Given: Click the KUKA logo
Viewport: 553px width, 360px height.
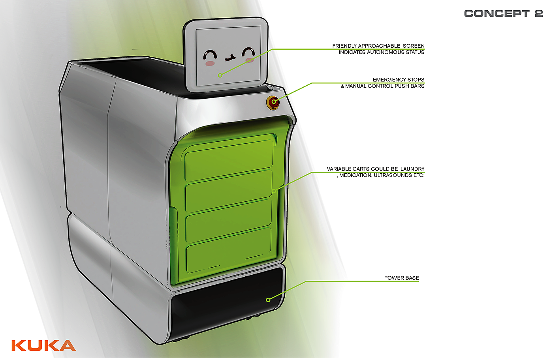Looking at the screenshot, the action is (x=43, y=345).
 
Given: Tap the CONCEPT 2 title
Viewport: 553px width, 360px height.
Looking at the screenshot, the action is (x=503, y=13).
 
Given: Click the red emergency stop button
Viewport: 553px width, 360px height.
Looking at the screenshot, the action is (x=273, y=102).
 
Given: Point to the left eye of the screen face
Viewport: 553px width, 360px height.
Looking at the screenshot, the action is (x=210, y=54).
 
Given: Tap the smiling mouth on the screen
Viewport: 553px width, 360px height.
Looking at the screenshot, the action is (x=229, y=58).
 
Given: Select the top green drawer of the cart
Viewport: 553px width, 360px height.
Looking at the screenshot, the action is (x=229, y=158).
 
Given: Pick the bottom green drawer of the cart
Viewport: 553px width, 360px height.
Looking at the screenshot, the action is (x=229, y=251).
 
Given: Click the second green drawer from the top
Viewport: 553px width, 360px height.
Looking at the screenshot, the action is (x=229, y=192).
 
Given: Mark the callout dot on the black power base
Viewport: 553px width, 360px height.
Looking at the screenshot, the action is (x=268, y=300).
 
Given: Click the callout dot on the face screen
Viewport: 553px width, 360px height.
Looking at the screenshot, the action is (x=220, y=75).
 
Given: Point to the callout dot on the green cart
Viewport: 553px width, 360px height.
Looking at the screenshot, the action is (x=274, y=191).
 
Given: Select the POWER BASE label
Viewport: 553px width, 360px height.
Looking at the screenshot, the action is (x=401, y=278).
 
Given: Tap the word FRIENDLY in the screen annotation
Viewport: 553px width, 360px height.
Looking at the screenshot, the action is (x=344, y=46).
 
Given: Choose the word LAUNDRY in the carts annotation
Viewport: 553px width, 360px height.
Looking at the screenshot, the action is (x=412, y=169).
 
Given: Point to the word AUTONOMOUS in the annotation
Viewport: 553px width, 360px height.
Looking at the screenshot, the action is (x=380, y=52).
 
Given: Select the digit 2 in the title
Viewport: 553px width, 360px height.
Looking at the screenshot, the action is (x=539, y=13).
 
